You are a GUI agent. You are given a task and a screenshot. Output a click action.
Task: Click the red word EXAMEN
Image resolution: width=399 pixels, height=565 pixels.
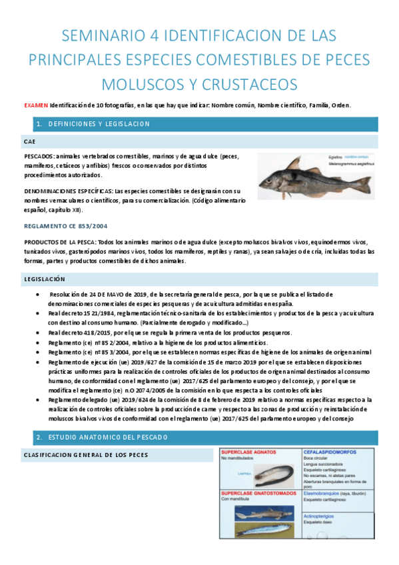[x=35, y=105]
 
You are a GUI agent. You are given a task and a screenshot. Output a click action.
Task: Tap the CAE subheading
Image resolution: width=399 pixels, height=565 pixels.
[x=29, y=142]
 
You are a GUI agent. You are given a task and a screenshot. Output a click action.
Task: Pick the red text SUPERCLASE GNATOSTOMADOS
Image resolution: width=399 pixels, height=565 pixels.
[x=259, y=492]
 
